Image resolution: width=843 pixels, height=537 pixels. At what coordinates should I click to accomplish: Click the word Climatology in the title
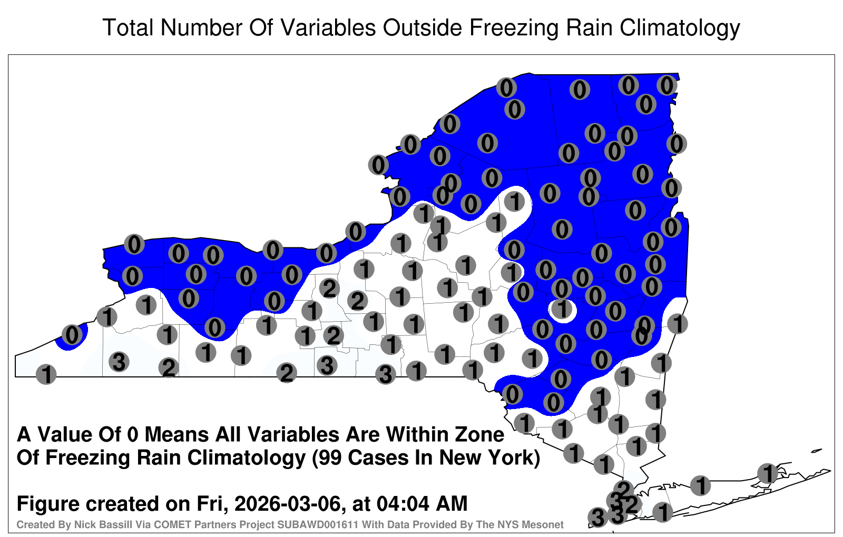(680, 28)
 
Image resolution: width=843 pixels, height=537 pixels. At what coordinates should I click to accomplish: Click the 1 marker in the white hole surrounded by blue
(562, 309)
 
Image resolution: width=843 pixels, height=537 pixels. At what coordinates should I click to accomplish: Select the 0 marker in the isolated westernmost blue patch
(72, 334)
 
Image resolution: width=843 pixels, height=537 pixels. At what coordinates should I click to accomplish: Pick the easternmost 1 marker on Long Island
(767, 473)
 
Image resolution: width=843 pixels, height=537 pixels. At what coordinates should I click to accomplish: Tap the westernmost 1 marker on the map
(46, 374)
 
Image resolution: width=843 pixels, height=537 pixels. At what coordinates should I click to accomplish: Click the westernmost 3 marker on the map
(119, 362)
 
